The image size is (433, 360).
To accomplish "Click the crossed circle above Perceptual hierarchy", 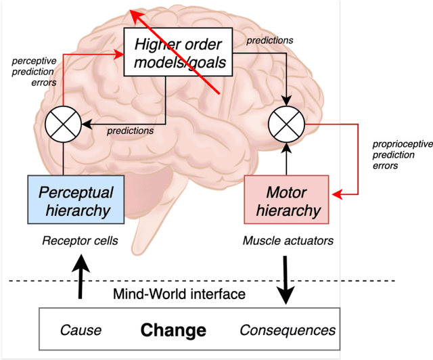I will (63, 123).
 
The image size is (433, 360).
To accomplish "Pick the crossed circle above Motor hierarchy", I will (287, 123).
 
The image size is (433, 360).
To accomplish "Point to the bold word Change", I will (173, 331).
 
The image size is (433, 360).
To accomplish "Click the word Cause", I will (81, 331).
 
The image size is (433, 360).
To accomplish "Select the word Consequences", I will (288, 331).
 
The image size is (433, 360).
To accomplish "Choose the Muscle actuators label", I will (288, 240).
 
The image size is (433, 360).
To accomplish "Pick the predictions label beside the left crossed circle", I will (131, 131).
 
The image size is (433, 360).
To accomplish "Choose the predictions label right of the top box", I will (270, 40).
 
